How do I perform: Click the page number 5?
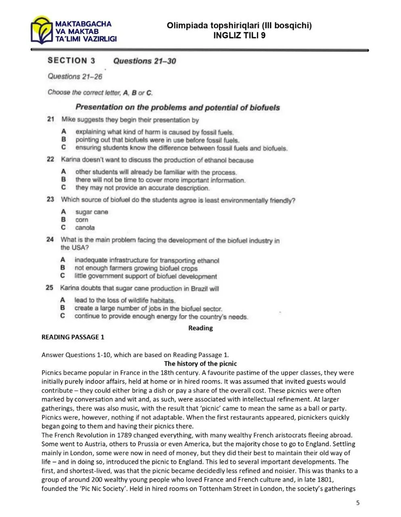358,503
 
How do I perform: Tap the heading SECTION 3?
71,61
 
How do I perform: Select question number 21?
50,120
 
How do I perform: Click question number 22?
50,160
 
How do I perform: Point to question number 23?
50,199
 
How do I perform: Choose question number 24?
50,240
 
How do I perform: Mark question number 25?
50,288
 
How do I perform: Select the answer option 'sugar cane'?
92,212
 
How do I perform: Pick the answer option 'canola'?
85,228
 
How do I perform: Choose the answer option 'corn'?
81,220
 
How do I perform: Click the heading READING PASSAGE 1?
73,337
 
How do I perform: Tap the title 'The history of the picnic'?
200,364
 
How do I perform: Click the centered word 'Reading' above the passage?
200,328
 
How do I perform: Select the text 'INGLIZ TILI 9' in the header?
239,35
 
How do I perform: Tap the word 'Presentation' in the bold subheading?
98,107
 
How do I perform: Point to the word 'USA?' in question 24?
75,248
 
